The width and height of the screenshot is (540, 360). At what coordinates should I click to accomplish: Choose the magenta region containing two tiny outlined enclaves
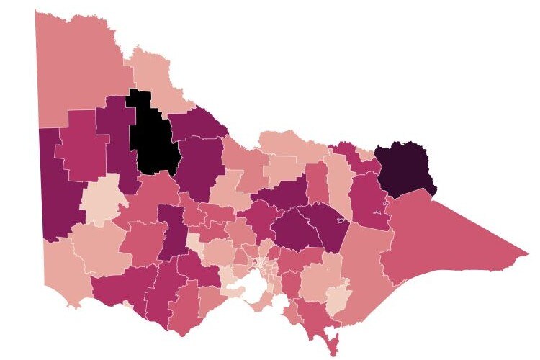(x=370, y=202)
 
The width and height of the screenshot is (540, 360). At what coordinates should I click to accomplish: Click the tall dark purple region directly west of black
(x=115, y=137)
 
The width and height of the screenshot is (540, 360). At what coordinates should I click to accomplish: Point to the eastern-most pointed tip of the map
(x=528, y=253)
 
